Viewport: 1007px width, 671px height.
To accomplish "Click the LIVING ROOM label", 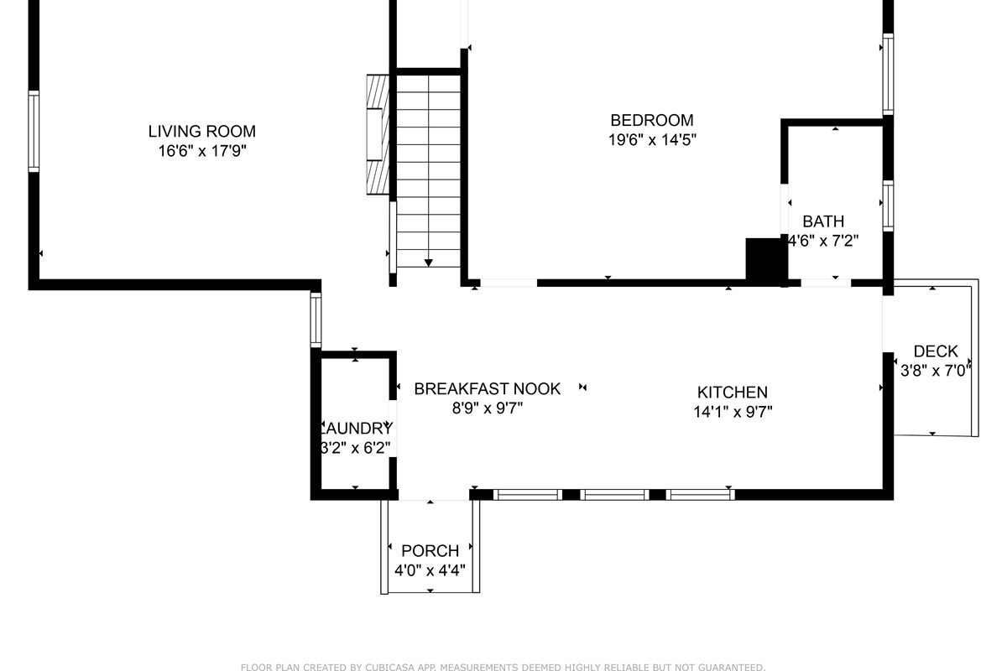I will point(201,132).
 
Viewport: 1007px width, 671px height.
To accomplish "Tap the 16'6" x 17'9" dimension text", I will point(201,152).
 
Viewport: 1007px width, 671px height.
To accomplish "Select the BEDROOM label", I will point(651,120).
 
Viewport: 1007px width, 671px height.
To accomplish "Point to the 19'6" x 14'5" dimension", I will point(651,140).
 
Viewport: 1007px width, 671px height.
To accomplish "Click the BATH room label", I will point(823,221).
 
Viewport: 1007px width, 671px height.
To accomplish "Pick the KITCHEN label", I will point(732,392).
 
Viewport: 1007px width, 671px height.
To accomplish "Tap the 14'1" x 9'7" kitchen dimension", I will point(732,412).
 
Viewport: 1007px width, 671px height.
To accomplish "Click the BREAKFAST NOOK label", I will point(487,388).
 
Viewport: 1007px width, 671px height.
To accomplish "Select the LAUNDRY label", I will point(356,428).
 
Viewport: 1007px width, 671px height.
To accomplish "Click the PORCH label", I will point(430,551).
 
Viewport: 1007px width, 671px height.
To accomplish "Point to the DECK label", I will point(935,351).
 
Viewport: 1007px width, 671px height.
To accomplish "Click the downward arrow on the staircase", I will point(429,263).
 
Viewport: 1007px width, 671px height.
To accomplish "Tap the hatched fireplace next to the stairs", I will point(378,135).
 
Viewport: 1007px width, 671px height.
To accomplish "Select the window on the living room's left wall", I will point(34,132).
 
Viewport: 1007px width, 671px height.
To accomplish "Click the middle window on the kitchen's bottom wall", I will point(614,495).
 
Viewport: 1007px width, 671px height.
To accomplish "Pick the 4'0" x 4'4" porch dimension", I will point(430,571).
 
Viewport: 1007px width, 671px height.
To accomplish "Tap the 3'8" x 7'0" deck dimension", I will point(935,370).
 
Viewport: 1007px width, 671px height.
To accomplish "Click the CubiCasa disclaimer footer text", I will point(503,668).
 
